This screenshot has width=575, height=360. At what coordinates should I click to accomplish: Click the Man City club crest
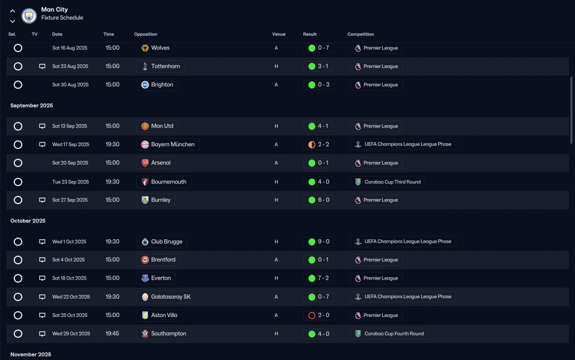[29, 16]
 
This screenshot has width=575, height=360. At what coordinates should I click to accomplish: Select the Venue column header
[279, 34]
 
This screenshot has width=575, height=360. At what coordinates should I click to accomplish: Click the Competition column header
[361, 34]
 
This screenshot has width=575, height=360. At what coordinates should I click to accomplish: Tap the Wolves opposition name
[160, 48]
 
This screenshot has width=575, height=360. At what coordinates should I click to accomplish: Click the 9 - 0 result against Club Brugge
[324, 242]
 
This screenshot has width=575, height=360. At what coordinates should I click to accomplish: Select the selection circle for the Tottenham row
[18, 66]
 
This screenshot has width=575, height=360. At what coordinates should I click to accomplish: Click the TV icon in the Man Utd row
[42, 126]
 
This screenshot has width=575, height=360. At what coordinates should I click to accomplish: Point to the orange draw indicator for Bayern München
[312, 145]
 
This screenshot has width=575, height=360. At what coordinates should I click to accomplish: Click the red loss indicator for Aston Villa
[312, 316]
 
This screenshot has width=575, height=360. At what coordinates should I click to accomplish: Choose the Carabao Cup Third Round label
[393, 182]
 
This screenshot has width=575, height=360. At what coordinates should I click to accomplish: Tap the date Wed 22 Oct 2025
[71, 297]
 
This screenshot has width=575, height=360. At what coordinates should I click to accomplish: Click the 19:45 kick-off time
[112, 333]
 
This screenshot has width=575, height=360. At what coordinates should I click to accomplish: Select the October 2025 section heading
[28, 221]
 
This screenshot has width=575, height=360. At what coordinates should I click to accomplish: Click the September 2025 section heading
[31, 106]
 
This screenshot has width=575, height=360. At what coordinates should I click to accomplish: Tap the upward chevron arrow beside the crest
[12, 11]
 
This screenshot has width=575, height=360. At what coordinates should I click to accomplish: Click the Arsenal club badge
[145, 163]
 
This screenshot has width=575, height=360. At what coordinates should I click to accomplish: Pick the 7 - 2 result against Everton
[323, 278]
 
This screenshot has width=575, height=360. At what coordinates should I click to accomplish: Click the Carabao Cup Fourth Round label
[394, 334]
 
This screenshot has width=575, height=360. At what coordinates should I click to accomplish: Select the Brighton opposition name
[162, 84]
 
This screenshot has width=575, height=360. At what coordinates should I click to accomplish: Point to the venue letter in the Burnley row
[276, 200]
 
